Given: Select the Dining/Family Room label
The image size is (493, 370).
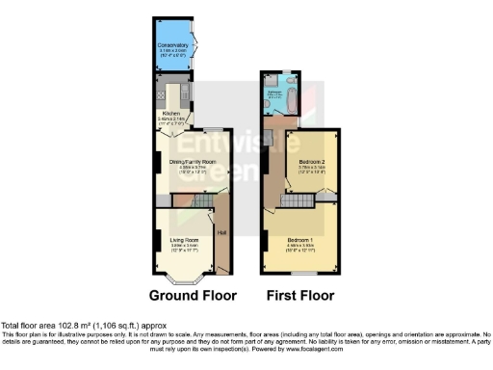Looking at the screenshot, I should point(193,162).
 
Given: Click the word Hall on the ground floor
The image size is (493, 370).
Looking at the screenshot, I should point(221,231).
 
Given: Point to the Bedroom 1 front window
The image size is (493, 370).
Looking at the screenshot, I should point(299,275).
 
